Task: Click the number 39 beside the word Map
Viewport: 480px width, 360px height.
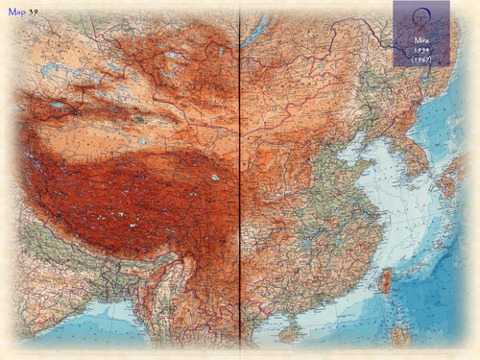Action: [x=34, y=11]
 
